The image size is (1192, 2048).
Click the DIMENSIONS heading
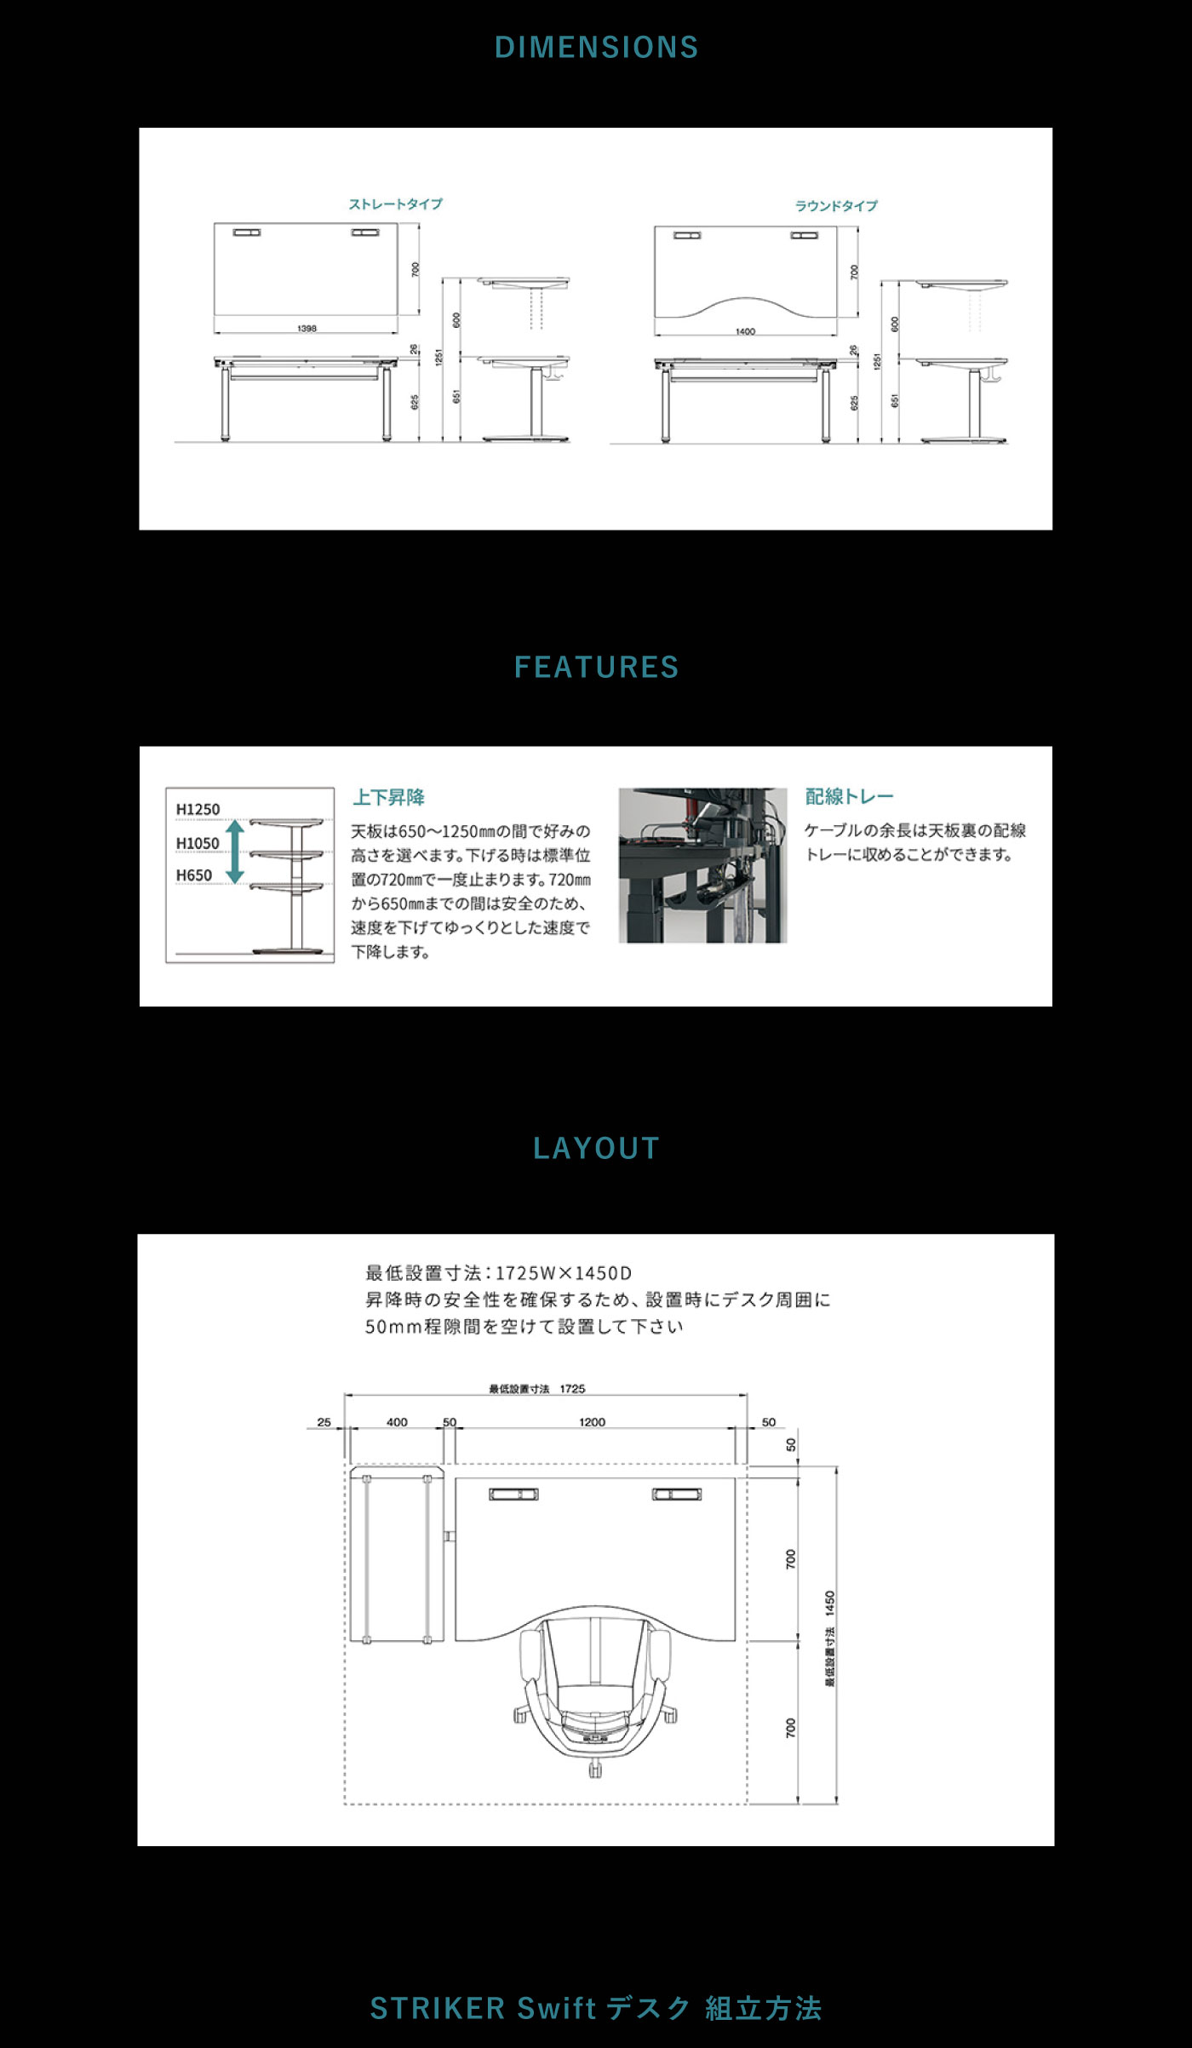coord(596,48)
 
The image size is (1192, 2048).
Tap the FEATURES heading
coord(596,667)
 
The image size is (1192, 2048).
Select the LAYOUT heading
coord(596,1148)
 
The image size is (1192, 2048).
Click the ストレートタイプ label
coord(396,204)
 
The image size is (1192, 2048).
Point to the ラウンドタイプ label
coord(836,206)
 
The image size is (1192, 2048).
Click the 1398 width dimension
coord(307,328)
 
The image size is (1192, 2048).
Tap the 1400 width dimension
coord(745,331)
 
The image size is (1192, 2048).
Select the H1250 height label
coord(198,809)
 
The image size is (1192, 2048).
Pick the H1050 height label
coord(198,843)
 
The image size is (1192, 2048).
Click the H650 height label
coord(194,875)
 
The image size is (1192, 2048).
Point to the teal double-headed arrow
coord(235,851)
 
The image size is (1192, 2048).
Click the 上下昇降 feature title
coord(388,797)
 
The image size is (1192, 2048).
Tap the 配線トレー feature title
coord(849,797)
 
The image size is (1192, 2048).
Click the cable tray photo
coord(702,865)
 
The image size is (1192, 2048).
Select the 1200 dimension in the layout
coord(592,1422)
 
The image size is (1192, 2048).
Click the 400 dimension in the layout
coord(397,1422)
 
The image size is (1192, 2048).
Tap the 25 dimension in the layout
coord(324,1422)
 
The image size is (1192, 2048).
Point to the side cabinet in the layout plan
coord(397,1553)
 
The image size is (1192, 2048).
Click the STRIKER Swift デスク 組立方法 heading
coord(596,2008)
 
